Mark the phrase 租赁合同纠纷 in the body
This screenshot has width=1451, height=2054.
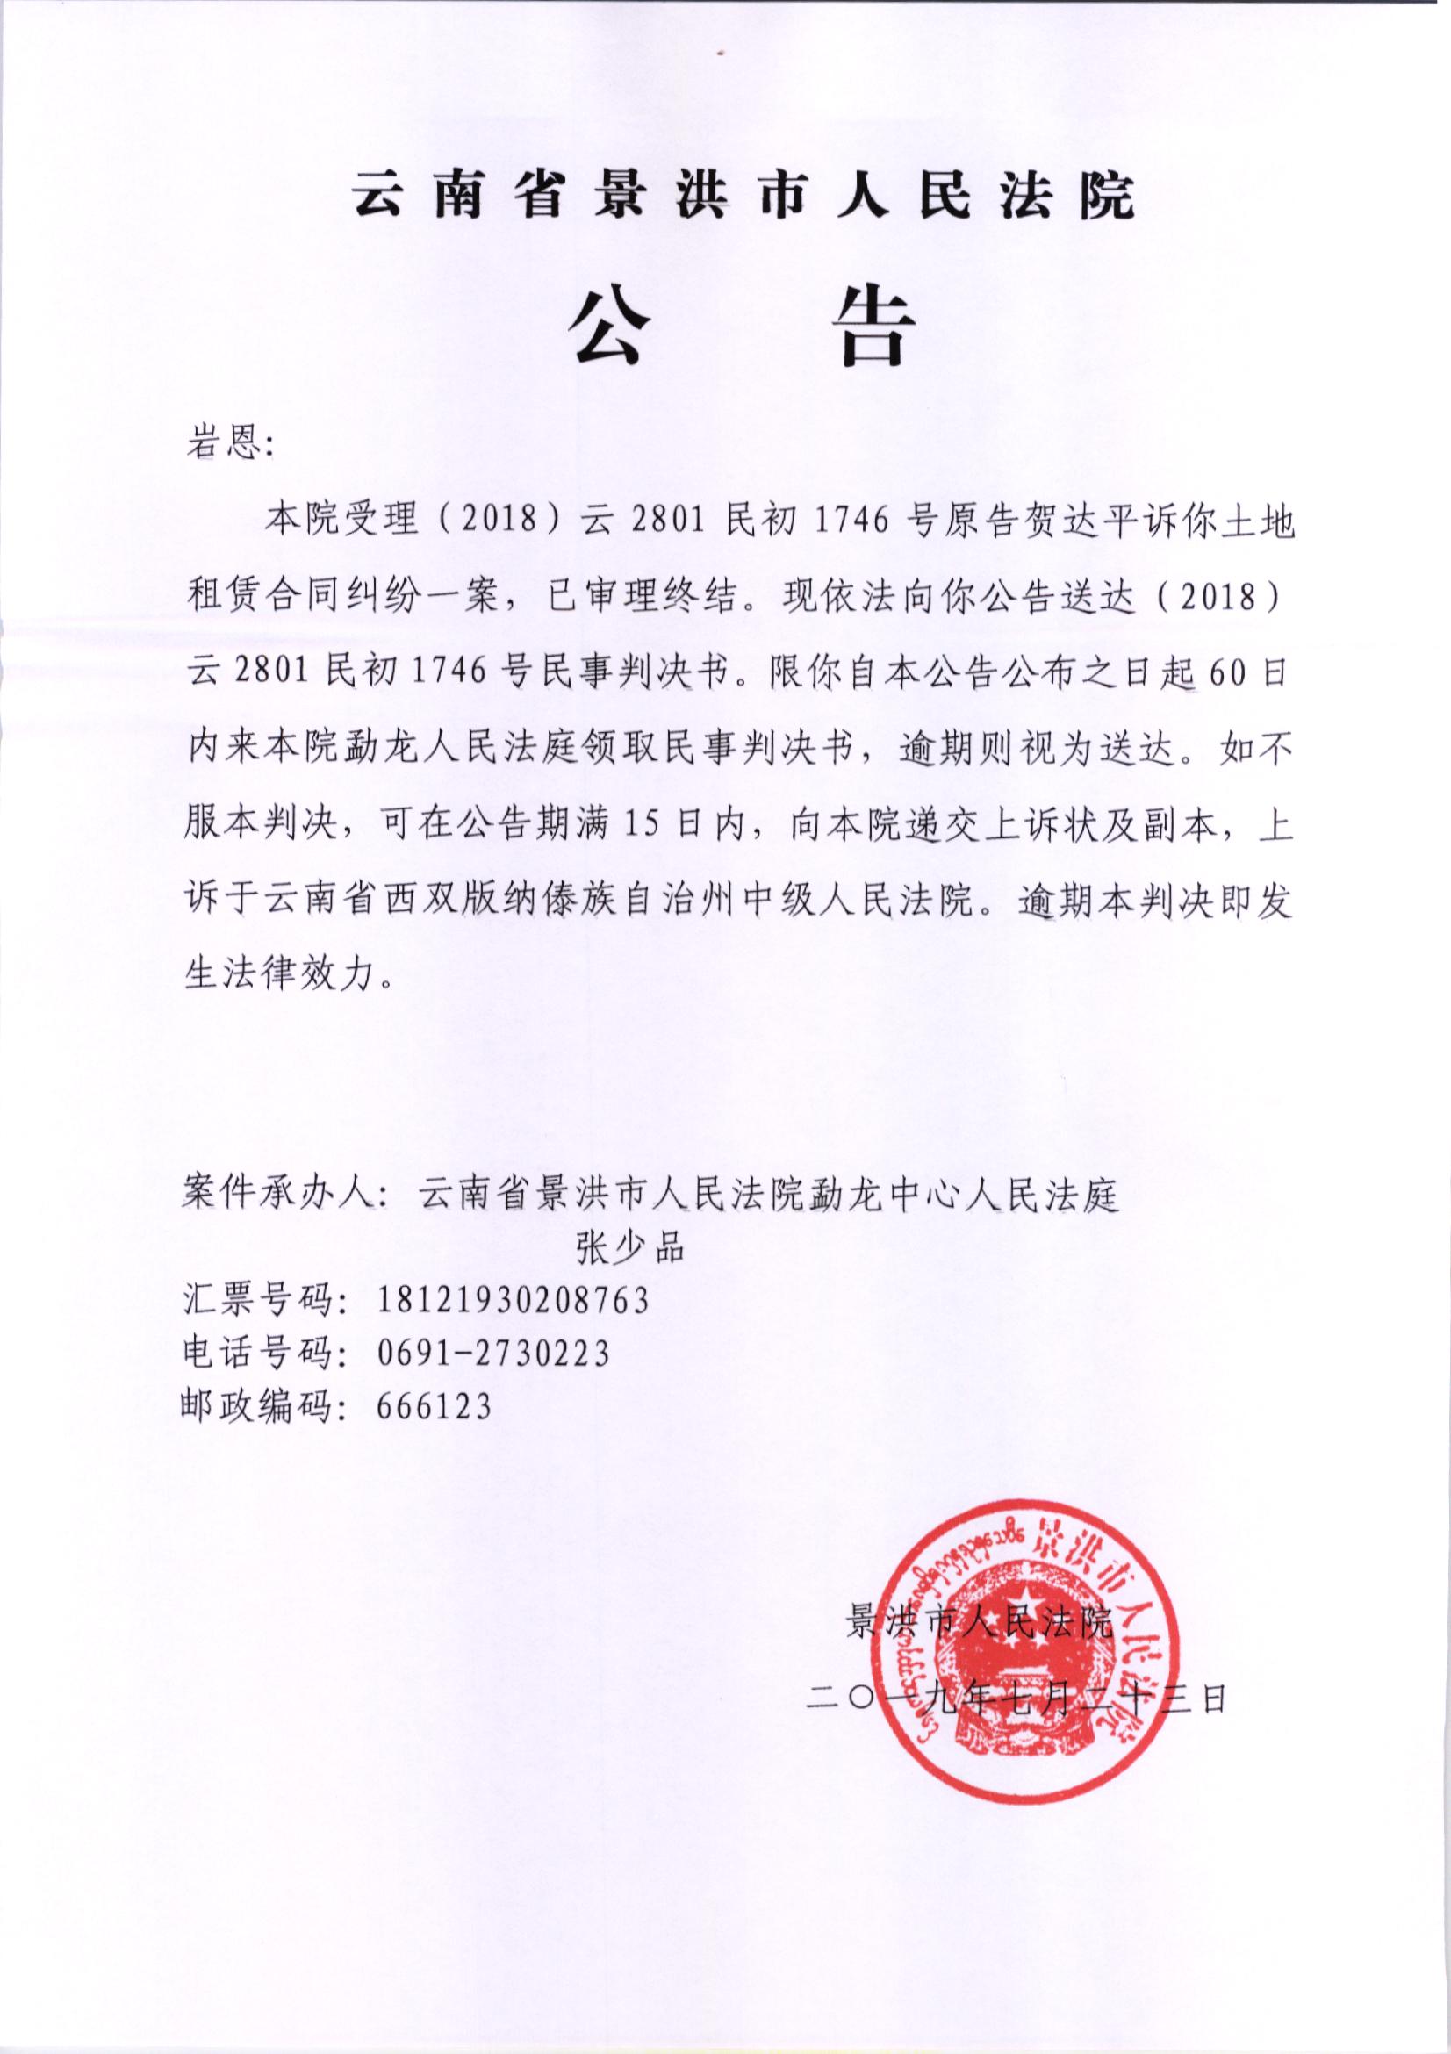[340, 599]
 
